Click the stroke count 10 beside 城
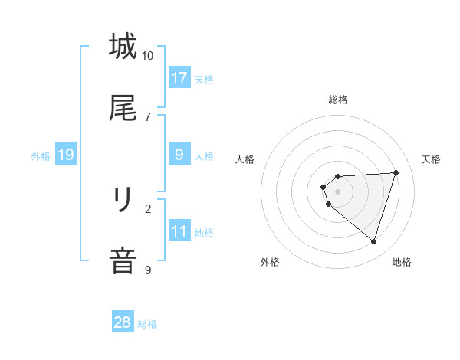148,56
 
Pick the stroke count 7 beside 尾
148,116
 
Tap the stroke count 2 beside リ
148,208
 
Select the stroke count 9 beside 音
148,270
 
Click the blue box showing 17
179,78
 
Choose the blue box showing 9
179,155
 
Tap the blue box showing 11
179,231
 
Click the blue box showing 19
66,155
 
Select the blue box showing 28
123,322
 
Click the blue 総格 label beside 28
147,324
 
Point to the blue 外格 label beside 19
41,156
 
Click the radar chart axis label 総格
337,100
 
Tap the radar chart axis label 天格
432,159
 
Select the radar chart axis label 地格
402,262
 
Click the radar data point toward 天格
396,172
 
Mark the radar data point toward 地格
373,241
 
